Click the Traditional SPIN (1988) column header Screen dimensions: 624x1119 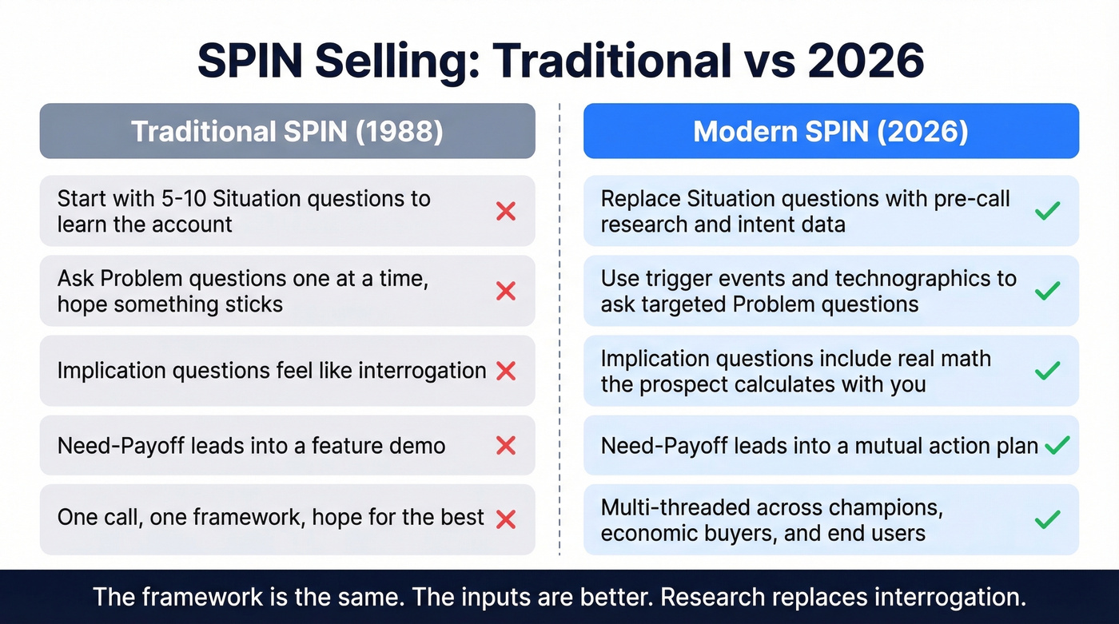point(287,131)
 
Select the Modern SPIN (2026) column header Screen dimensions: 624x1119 point(830,131)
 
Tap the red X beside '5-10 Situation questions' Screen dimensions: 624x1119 point(506,211)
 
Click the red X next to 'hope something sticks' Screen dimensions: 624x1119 point(506,291)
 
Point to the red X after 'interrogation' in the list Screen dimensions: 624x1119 point(506,371)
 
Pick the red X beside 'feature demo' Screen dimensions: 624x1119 point(506,445)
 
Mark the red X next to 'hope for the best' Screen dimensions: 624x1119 point(506,519)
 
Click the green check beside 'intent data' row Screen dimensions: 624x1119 point(1047,211)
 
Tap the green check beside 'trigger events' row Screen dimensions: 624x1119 point(1047,291)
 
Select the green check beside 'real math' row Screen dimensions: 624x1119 point(1047,371)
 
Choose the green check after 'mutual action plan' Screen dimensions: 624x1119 point(1057,445)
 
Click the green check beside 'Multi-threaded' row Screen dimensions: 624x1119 point(1047,519)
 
